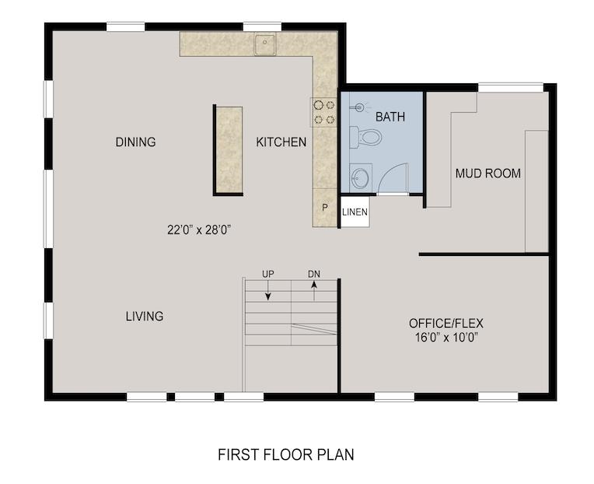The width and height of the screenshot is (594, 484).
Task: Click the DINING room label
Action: [x=135, y=142]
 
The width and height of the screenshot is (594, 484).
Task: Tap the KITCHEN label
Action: [x=281, y=142]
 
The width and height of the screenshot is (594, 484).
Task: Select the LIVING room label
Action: [x=145, y=316]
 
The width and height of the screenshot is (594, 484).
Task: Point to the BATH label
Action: [x=390, y=117]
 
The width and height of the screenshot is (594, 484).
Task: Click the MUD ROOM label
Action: [x=488, y=174]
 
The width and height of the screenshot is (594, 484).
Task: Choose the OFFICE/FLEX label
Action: [x=446, y=323]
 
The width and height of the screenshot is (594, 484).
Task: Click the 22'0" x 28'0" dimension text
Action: [x=199, y=230]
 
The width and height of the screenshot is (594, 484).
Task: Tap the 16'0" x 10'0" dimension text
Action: [x=446, y=338]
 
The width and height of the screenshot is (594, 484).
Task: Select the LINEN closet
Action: [x=355, y=212]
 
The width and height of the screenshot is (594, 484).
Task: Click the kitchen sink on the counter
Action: [x=265, y=44]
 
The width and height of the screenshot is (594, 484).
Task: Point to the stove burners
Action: [x=324, y=112]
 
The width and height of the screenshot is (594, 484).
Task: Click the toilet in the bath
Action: [x=365, y=137]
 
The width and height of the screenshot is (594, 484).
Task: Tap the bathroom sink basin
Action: [x=360, y=177]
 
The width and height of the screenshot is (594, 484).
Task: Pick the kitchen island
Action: [x=229, y=150]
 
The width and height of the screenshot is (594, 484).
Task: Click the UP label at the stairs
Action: [x=267, y=274]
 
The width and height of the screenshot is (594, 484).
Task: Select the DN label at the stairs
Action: [x=313, y=274]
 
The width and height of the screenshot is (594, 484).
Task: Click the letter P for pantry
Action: [x=325, y=208]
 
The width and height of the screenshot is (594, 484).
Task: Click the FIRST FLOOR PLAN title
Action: [x=286, y=454]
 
